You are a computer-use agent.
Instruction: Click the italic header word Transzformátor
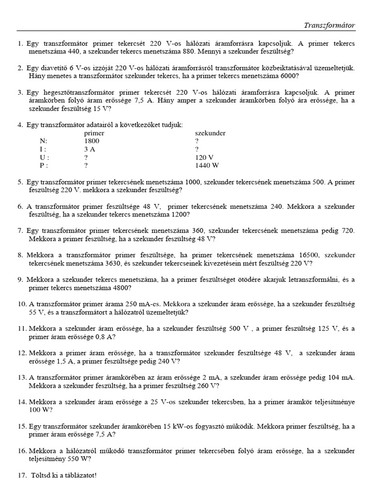329,25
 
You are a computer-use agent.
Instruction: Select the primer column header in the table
94,133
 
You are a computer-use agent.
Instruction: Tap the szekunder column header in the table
210,133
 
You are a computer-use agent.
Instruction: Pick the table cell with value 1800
92,141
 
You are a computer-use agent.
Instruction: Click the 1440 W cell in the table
207,166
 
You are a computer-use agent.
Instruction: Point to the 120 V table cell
204,157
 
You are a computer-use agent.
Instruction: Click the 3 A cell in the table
90,149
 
